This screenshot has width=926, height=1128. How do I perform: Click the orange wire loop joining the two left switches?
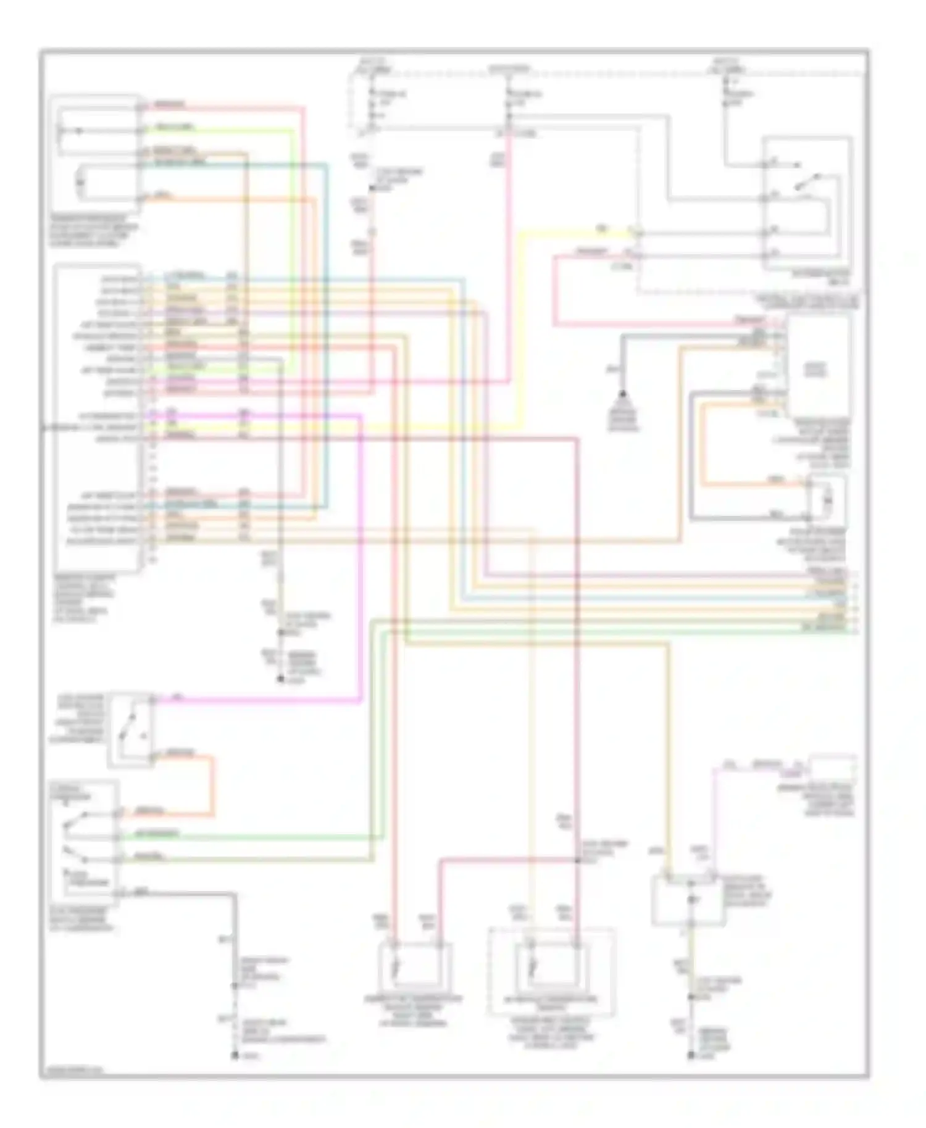pos(214,784)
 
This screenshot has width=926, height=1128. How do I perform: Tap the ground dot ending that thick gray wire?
pos(235,1056)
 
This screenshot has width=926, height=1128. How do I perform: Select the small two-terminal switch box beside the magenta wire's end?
pos(131,730)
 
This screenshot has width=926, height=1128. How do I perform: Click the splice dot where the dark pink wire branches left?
pos(577,858)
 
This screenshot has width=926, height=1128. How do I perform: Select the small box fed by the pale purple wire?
pos(833,768)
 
